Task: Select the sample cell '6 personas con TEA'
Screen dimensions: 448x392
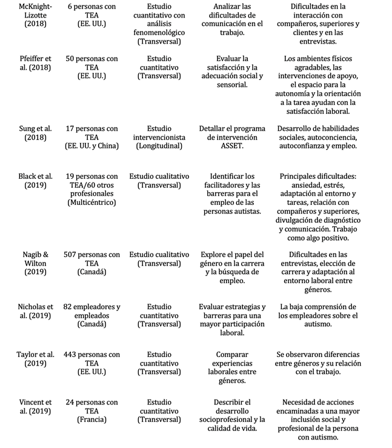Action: coord(92,16)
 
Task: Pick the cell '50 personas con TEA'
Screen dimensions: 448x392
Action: coord(92,67)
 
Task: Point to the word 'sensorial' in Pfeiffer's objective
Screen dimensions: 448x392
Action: coord(231,85)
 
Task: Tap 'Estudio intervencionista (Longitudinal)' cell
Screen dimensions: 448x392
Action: coord(159,138)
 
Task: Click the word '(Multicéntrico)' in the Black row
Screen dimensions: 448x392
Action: coord(92,202)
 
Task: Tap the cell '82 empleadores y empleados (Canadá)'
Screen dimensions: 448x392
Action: coord(92,315)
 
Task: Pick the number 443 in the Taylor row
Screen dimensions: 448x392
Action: coord(73,355)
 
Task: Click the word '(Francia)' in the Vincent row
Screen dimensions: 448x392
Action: coord(92,420)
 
